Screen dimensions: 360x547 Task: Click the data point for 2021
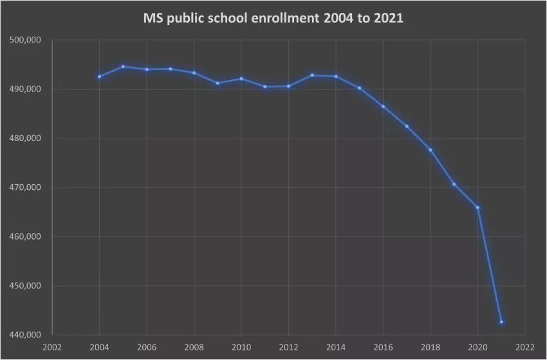coord(501,322)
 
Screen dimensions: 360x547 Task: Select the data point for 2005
coord(123,66)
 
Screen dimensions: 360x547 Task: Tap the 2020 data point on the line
coord(477,207)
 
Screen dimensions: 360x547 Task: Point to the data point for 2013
coord(312,75)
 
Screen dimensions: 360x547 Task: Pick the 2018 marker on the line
coord(430,149)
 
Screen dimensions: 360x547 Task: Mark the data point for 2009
coord(218,83)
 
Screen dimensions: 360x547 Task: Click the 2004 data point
coord(99,77)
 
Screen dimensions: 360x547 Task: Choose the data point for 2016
coord(383,106)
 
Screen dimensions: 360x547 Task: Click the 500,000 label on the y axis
coord(26,40)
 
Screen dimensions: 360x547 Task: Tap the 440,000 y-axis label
coord(26,335)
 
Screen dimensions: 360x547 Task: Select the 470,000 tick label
coord(26,187)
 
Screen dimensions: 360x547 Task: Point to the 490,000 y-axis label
coord(26,89)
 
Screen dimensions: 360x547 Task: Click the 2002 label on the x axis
coord(52,347)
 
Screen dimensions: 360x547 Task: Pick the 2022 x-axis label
coord(525,347)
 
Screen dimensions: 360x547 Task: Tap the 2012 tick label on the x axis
coord(288,347)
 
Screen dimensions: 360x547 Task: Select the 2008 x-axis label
coord(194,347)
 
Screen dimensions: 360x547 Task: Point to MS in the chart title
coord(152,19)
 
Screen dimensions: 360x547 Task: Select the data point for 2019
coord(454,184)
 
